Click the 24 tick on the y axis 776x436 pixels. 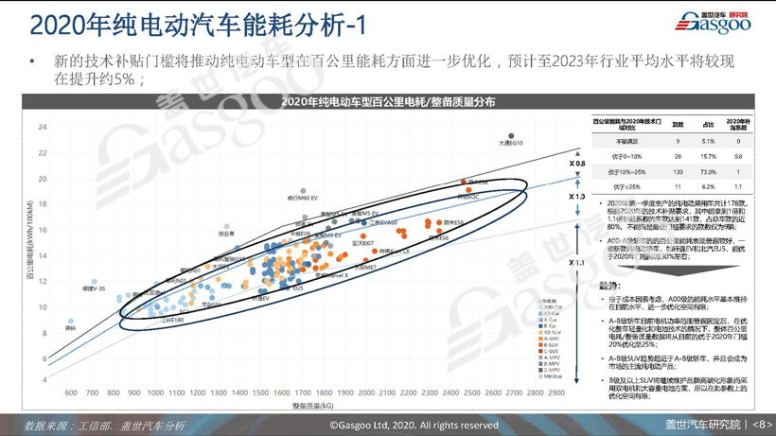point(43,127)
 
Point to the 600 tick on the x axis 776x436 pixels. point(71,392)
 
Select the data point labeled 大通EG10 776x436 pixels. point(512,137)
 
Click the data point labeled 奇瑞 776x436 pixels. point(71,322)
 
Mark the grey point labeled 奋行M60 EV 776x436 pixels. point(304,192)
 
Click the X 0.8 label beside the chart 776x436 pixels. point(576,164)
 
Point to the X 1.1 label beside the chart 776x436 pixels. point(576,262)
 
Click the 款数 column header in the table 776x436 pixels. point(678,124)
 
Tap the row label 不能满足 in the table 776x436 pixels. point(627,141)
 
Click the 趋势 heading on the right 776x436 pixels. point(609,285)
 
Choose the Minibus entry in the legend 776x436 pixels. point(551,376)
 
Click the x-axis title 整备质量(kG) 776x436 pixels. point(313,406)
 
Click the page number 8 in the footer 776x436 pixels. point(763,425)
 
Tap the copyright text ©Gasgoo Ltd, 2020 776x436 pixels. point(414,425)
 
